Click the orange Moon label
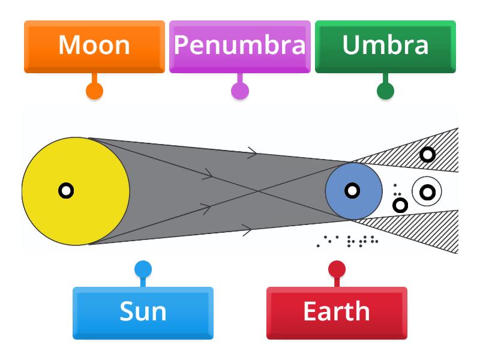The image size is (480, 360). (x=94, y=46)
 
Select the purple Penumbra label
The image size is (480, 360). (x=239, y=46)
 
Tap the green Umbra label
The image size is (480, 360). (x=385, y=46)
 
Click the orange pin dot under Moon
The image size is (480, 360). (x=94, y=91)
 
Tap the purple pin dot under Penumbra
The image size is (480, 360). (x=240, y=91)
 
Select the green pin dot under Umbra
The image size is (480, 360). (x=385, y=91)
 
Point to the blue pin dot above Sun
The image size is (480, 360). (x=143, y=269)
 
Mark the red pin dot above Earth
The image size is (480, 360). (x=337, y=269)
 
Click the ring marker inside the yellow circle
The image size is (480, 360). (x=66, y=191)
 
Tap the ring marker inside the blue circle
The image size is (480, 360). (x=352, y=191)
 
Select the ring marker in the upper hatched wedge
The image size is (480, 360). (x=427, y=155)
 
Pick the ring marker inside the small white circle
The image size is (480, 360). (x=427, y=192)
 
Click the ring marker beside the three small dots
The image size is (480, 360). (x=400, y=205)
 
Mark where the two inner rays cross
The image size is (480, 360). (x=258, y=191)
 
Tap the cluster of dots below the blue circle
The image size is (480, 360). (x=348, y=241)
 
